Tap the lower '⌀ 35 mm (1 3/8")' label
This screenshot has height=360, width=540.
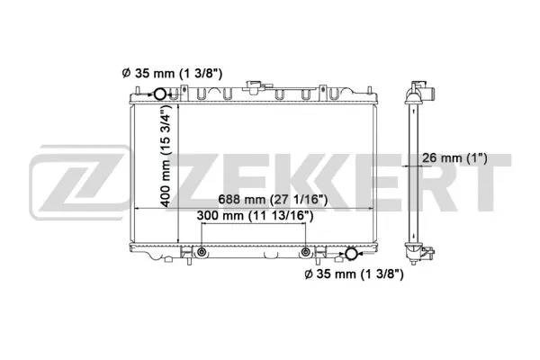[353, 274]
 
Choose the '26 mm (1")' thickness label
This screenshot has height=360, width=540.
[454, 158]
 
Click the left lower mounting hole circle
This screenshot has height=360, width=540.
[202, 251]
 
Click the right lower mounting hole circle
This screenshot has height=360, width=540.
[306, 251]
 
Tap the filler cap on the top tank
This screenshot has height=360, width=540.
[251, 88]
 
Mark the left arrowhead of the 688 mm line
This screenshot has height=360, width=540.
[138, 209]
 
